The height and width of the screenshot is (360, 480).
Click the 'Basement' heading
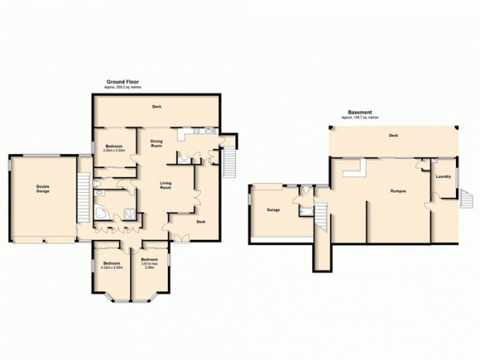[361, 112]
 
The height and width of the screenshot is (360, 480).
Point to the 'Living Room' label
[166, 185]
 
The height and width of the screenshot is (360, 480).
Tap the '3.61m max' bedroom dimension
[150, 263]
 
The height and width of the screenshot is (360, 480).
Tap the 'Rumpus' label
[397, 191]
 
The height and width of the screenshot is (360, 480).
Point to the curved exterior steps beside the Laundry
[466, 197]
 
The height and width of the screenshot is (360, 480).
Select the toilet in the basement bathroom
[307, 191]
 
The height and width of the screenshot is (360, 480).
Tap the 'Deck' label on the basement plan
[393, 136]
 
